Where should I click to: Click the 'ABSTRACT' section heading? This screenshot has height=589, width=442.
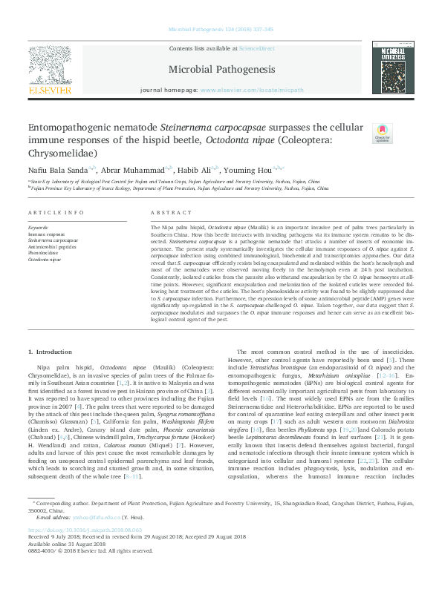tap(172, 212)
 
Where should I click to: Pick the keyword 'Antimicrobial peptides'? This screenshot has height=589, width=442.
tap(52, 246)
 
